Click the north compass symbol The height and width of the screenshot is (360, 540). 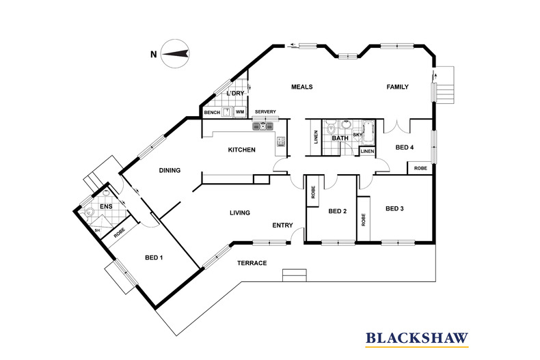175,55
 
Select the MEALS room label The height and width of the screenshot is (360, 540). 301,87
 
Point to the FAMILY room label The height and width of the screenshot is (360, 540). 397,87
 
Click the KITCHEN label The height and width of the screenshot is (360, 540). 241,150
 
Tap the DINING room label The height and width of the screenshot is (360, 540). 170,171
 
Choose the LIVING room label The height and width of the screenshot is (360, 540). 240,212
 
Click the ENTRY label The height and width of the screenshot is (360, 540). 282,225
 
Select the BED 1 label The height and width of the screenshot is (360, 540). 154,258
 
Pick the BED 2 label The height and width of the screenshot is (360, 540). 338,211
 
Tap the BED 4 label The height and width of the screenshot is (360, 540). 405,147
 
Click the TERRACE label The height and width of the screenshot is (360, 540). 252,263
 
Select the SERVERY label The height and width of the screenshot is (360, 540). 265,111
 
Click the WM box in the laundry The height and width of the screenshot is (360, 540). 240,111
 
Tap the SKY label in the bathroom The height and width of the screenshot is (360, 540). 357,135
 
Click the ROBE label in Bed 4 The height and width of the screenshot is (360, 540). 419,167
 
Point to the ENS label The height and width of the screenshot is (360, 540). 106,206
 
